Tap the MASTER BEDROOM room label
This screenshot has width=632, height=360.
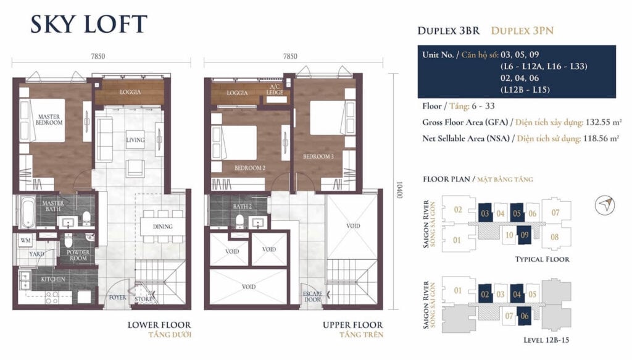pos(50,120)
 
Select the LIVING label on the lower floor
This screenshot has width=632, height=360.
pos(135,140)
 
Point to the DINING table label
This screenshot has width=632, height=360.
pos(162,227)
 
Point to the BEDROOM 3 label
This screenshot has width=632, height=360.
pos(318,157)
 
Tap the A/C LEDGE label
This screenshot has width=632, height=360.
pos(275,91)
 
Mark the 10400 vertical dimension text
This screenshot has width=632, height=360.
pos(400,190)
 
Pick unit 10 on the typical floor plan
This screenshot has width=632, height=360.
pos(509,234)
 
